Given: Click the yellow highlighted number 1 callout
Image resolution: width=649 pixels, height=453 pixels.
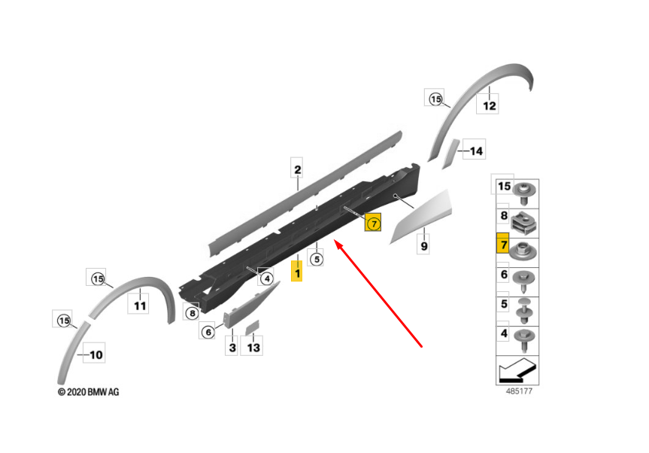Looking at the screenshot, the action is click(297, 270).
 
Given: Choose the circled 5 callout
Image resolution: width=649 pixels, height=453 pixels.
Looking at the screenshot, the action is click(316, 259).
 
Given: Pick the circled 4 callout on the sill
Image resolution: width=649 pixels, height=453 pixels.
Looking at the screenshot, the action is click(266, 278).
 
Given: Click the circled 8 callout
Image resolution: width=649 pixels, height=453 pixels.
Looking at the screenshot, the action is click(192, 312).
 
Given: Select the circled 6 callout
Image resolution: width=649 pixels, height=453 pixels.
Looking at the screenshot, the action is click(208, 331).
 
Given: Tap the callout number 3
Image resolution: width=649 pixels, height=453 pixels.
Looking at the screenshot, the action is click(232, 347).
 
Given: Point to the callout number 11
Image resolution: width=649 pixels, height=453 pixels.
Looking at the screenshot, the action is click(139, 305).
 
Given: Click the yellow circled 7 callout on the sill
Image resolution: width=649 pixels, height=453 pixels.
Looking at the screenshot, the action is click(373, 223).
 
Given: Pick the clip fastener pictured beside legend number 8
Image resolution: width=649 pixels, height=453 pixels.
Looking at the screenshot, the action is click(525, 222).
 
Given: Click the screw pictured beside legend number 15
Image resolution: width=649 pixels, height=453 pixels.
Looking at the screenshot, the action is click(524, 193).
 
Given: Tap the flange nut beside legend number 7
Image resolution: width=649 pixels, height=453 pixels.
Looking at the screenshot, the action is click(524, 251).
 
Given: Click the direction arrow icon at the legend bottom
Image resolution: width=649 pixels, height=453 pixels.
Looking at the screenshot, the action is click(517, 369).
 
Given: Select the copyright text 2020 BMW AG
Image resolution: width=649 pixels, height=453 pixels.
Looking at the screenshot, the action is click(89, 392).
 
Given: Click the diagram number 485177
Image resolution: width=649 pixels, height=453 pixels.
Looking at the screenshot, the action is click(519, 391).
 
